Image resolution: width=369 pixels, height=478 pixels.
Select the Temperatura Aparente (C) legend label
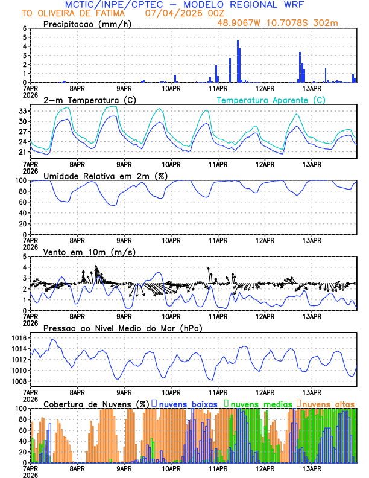[x=271, y=100]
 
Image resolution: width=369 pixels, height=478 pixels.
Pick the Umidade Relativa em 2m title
[x=107, y=176]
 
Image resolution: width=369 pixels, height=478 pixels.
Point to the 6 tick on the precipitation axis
[x=24, y=28]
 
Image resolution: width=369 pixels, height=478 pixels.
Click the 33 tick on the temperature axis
[x=22, y=111]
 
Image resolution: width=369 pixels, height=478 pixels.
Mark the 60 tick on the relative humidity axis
[x=22, y=202]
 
